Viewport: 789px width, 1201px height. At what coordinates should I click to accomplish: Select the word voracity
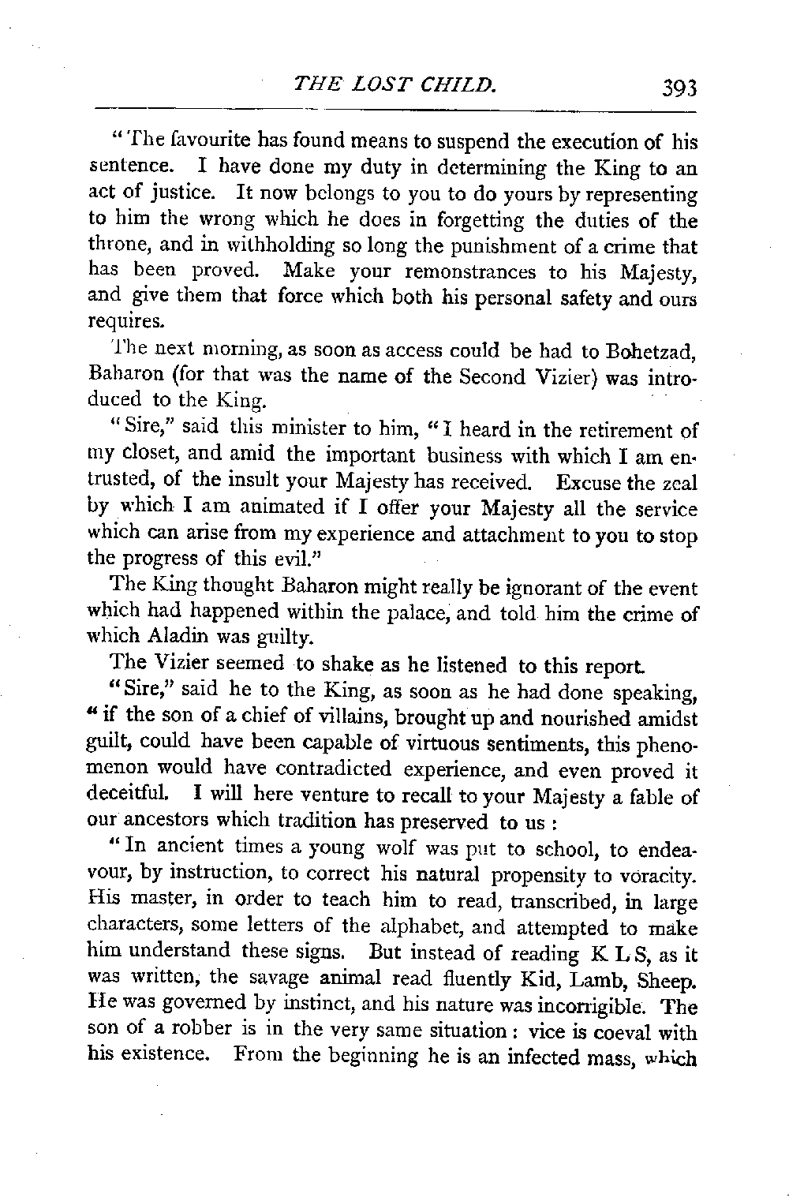(659, 875)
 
